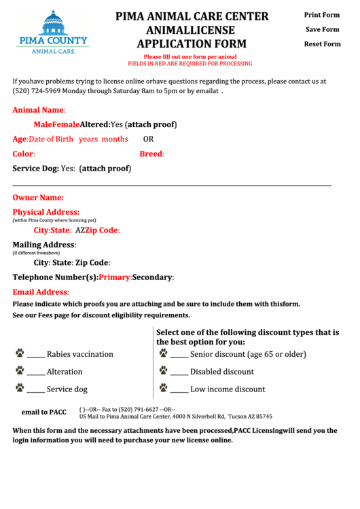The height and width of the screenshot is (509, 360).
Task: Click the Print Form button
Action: [322, 15]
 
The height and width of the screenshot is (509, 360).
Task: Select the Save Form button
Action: [322, 30]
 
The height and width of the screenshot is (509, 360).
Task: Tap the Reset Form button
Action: [322, 44]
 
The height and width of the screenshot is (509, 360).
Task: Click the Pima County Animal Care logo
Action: [52, 32]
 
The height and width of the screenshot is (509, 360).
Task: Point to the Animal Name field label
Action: [39, 109]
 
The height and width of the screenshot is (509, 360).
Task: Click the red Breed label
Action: [151, 154]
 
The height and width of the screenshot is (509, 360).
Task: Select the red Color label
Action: [24, 154]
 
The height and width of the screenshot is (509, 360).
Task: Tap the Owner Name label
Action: [38, 198]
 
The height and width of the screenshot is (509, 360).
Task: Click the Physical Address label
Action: [46, 212]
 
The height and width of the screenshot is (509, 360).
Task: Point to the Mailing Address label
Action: [44, 245]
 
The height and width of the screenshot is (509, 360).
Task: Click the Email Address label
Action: [41, 292]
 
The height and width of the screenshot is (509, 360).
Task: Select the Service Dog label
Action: [35, 169]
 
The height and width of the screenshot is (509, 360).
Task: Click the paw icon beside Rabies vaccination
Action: [20, 353]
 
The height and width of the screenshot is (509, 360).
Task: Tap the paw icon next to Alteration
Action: [20, 371]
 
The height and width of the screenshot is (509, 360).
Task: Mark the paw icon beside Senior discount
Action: [163, 353]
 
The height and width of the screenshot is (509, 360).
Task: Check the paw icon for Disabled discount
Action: [163, 371]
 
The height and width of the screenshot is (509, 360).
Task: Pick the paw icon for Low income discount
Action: [163, 389]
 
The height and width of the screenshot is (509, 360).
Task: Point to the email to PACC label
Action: [43, 413]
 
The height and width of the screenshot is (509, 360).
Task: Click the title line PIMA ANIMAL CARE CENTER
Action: [192, 16]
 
